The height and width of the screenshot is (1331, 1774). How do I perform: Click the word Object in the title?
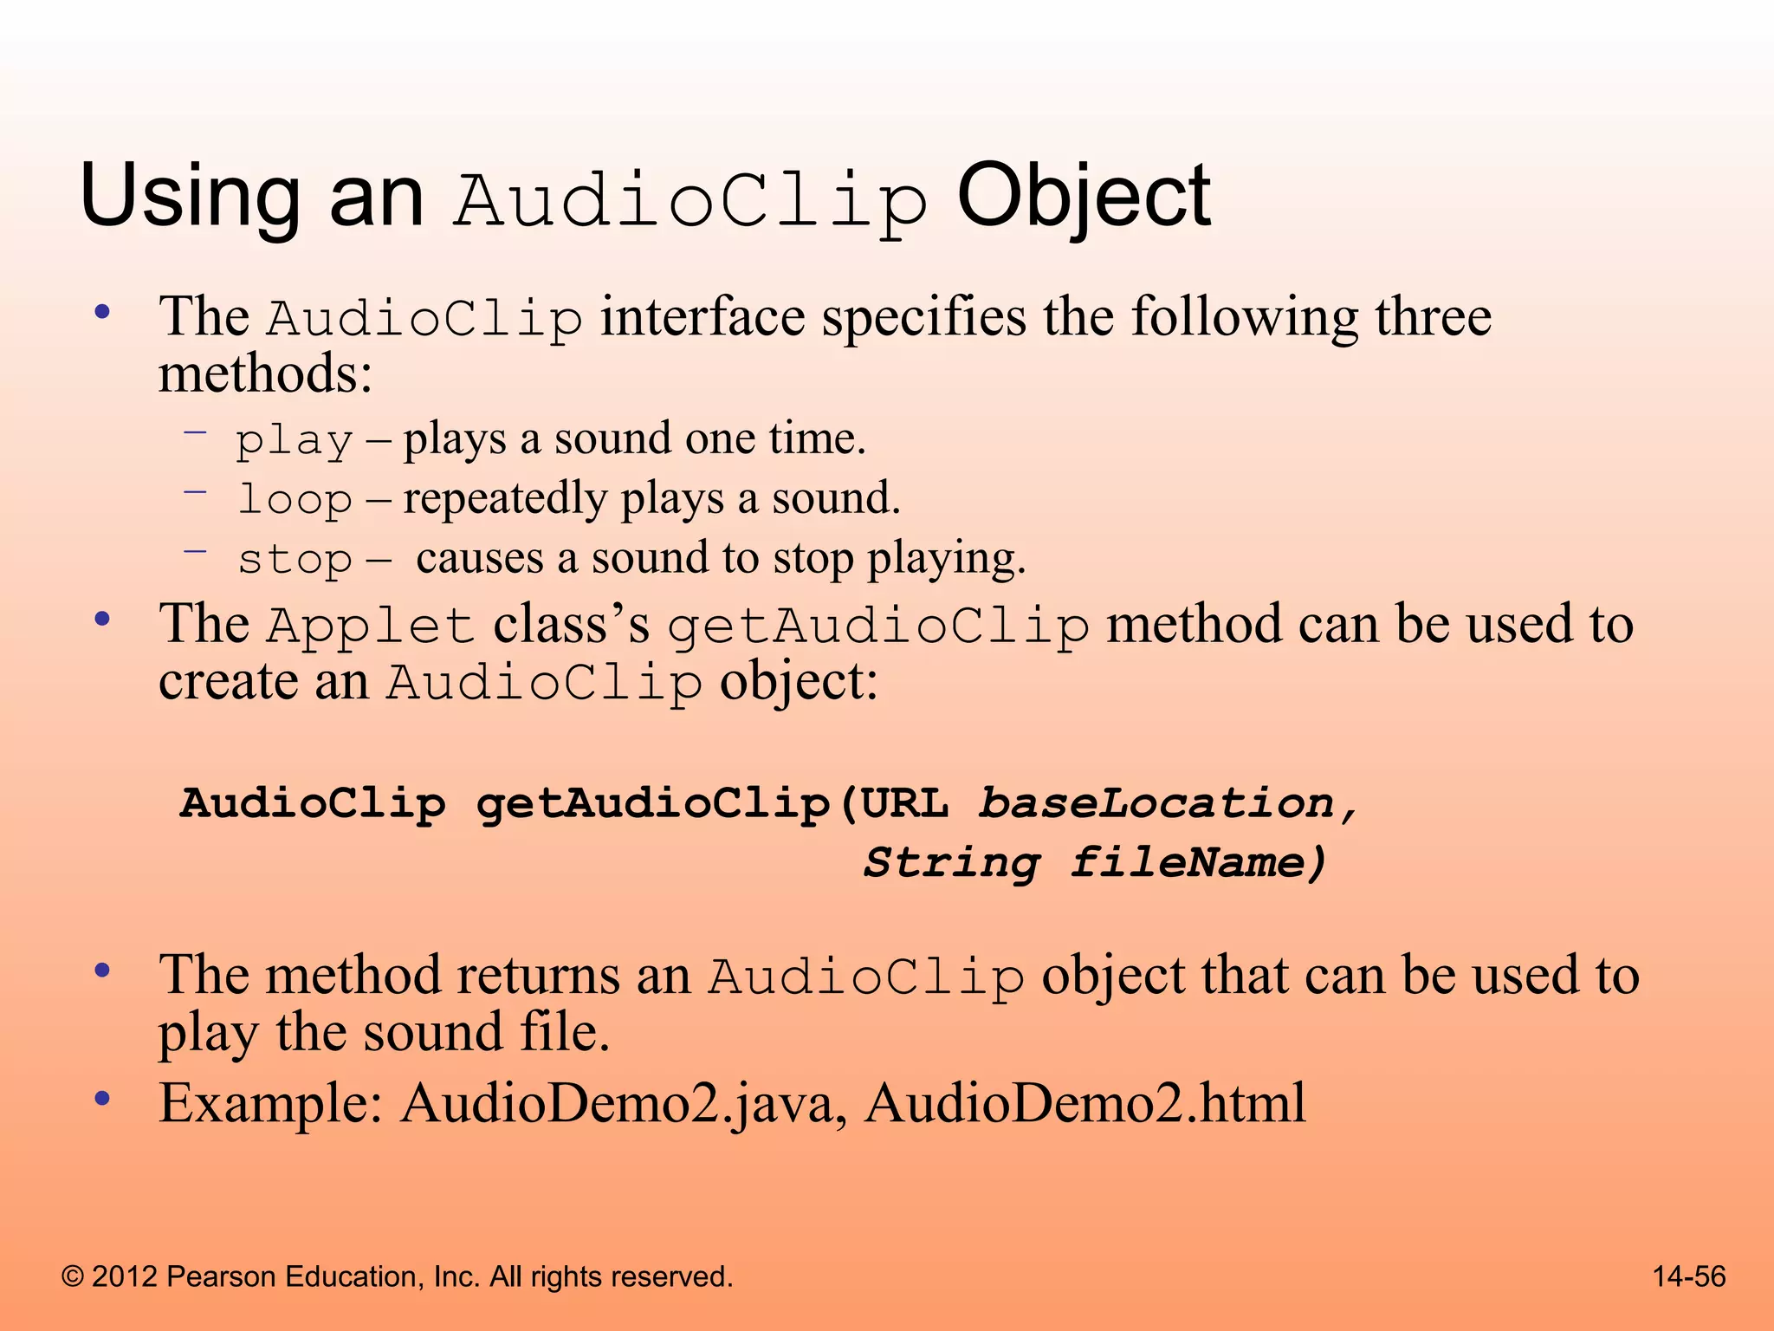point(1083,198)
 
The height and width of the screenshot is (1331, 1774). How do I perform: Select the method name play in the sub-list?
point(295,440)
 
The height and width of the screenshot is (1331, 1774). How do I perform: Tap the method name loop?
point(295,499)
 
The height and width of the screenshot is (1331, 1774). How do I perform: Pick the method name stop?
point(295,559)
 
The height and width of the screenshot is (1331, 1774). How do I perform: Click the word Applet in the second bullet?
point(371,626)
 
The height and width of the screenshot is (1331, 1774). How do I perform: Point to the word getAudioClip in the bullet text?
point(877,626)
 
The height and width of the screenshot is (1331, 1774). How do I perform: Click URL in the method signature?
point(904,803)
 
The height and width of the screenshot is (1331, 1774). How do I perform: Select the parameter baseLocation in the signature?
point(1156,803)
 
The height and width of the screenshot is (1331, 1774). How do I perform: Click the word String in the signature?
point(951,863)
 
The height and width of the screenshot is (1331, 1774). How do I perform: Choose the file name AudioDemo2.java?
point(616,1104)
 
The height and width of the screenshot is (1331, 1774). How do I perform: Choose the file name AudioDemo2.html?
point(1084,1104)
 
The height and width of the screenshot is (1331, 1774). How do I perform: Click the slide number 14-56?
point(1689,1276)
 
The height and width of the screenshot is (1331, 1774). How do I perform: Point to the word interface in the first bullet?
point(702,316)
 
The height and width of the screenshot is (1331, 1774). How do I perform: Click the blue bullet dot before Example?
point(102,1099)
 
